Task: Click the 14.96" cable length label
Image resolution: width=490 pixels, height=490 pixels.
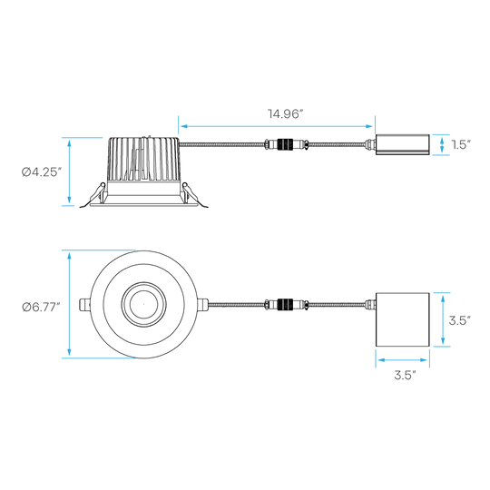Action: (286, 113)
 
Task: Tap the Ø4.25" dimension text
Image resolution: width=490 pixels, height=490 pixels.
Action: (41, 171)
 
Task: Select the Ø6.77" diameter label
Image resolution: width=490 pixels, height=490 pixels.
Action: (41, 308)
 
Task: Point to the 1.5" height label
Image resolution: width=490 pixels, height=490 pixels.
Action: (461, 144)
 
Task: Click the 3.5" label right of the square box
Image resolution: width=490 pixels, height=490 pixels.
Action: (460, 320)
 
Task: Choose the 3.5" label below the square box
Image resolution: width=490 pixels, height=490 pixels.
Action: (405, 375)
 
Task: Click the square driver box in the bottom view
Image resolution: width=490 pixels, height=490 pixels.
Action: (403, 319)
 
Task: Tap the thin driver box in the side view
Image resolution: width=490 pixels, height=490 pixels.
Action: (403, 144)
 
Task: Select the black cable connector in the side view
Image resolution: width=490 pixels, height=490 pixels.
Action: (285, 144)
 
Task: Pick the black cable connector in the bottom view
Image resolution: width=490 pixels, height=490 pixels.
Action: (285, 304)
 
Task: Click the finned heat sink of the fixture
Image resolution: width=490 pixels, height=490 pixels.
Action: (143, 160)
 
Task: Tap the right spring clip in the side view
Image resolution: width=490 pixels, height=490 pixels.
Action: (195, 196)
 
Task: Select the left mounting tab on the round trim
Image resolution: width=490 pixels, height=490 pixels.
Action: (84, 305)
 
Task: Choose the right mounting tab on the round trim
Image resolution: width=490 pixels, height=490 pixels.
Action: (203, 305)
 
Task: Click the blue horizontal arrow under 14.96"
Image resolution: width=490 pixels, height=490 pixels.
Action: (277, 126)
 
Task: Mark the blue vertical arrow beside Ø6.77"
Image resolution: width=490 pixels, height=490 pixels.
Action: (69, 304)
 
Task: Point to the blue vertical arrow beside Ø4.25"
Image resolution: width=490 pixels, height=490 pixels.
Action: (69, 171)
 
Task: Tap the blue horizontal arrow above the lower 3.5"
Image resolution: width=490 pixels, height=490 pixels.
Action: (403, 360)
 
